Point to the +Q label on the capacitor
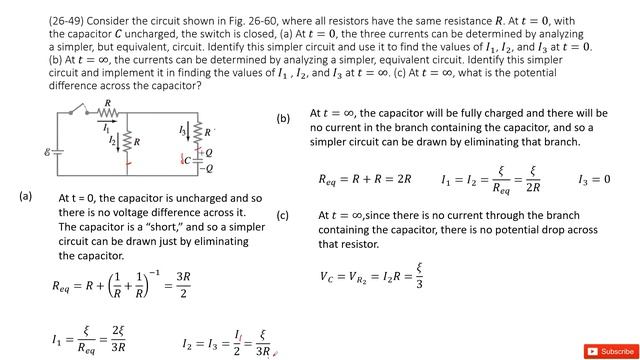pyautogui.click(x=207, y=152)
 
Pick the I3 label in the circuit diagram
pyautogui.click(x=182, y=129)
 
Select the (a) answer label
pyautogui.click(x=26, y=196)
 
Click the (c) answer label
pyautogui.click(x=283, y=215)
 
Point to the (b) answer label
pyautogui.click(x=283, y=118)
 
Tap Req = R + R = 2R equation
pyautogui.click(x=365, y=180)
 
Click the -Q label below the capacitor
pyautogui.click(x=208, y=169)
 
